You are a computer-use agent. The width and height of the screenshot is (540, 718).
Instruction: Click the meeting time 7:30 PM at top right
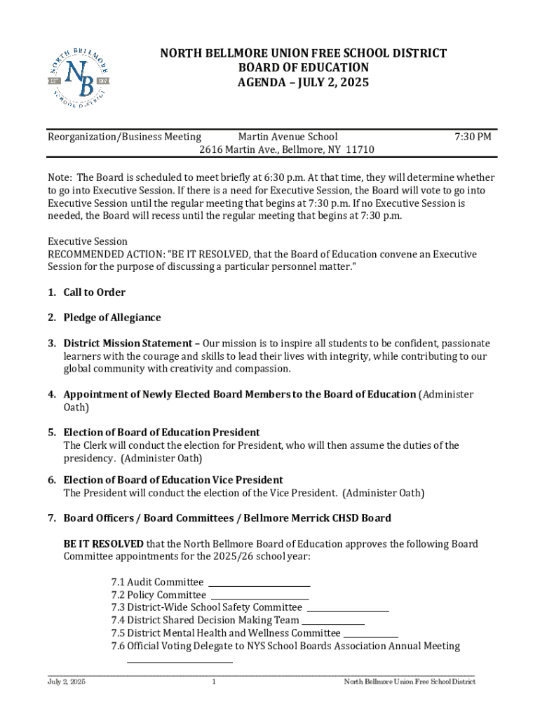pos(473,137)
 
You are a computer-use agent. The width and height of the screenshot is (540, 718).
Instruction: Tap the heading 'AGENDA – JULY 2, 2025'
pos(303,83)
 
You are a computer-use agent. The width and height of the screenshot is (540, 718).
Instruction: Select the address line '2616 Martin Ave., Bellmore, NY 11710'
pos(286,150)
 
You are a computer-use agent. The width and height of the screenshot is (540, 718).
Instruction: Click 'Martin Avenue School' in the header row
pos(288,137)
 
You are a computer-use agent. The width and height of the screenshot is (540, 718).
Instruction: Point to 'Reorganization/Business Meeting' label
pos(124,137)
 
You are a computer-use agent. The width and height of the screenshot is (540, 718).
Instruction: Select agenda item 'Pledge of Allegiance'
pos(112,318)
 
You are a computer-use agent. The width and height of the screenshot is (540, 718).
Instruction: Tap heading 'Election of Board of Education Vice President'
pos(173,480)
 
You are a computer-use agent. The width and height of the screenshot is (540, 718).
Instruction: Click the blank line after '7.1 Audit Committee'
pos(259,583)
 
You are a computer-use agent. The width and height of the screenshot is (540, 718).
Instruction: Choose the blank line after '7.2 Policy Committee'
pos(260,596)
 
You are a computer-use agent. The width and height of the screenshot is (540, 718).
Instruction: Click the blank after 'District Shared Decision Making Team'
pos(333,621)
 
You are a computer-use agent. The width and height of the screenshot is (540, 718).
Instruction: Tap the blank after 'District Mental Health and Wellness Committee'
pos(371,634)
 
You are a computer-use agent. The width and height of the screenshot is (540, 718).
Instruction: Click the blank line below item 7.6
pos(180,659)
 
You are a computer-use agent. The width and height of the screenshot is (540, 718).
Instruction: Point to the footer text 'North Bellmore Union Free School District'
pos(410,682)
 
